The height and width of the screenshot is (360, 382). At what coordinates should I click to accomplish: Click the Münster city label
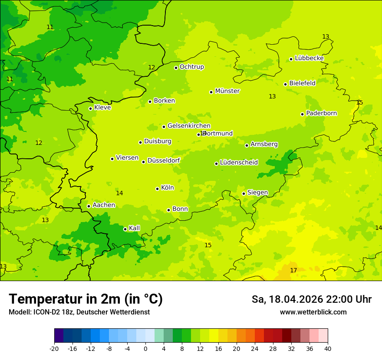click(x=227, y=91)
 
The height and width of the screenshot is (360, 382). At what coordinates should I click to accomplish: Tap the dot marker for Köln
click(x=157, y=189)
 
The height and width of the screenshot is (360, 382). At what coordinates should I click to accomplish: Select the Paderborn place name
click(x=321, y=113)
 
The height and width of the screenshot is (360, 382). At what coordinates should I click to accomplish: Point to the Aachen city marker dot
click(x=89, y=206)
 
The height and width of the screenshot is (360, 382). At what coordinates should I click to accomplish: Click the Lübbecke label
click(x=309, y=58)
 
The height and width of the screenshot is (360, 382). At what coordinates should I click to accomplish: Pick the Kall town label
click(x=134, y=228)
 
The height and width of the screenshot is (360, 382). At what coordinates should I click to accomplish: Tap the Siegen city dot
click(x=244, y=193)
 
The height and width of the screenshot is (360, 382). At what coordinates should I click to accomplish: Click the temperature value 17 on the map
click(x=293, y=270)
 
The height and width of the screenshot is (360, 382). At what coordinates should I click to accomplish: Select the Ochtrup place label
click(x=191, y=67)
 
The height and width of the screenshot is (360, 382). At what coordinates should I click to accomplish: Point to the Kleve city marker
click(x=90, y=108)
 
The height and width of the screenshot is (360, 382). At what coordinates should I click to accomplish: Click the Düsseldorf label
click(x=163, y=160)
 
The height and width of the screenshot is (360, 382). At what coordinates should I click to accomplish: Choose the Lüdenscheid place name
click(x=239, y=163)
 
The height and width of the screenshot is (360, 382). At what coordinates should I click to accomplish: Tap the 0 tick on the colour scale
click(x=145, y=349)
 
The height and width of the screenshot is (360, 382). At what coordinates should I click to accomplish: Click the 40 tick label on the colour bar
click(x=327, y=349)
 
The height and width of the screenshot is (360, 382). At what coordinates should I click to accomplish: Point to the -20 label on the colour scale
click(x=54, y=349)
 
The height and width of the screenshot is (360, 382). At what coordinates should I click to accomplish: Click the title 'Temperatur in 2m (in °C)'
click(x=86, y=299)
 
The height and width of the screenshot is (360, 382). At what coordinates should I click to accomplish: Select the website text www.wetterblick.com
click(x=313, y=312)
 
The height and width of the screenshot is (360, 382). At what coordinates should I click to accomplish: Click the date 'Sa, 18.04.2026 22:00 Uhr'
click(x=311, y=299)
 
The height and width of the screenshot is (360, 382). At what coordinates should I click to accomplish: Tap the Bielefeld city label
click(x=302, y=83)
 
